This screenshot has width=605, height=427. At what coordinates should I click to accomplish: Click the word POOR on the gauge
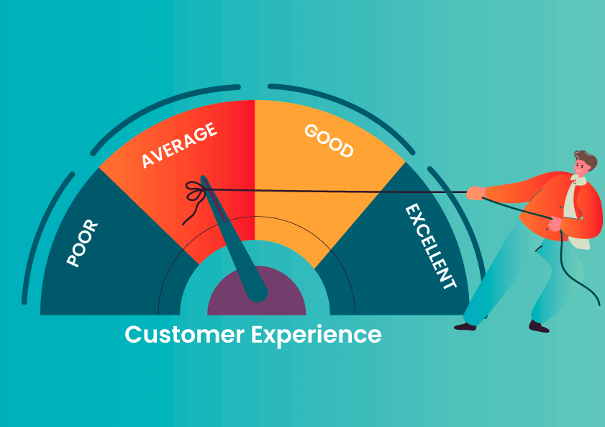82,243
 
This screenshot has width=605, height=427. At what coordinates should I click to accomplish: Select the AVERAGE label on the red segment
179,145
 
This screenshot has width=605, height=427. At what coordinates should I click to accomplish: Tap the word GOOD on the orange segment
329,141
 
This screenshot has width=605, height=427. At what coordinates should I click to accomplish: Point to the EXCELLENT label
431,246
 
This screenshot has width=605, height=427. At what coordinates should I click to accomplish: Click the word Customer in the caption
184,334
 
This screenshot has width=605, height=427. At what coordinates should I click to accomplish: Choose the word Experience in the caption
317,335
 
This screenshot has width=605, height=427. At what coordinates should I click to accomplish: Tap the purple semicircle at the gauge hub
257,290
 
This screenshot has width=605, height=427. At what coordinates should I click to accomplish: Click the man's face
581,167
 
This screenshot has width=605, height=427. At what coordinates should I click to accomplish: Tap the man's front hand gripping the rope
476,192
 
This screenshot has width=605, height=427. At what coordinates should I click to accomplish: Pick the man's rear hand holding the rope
555,224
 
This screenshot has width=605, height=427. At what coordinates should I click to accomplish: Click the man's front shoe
465,327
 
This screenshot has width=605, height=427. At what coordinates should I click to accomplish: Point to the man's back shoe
539,327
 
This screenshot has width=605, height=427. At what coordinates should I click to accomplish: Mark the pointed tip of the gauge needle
203,178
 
